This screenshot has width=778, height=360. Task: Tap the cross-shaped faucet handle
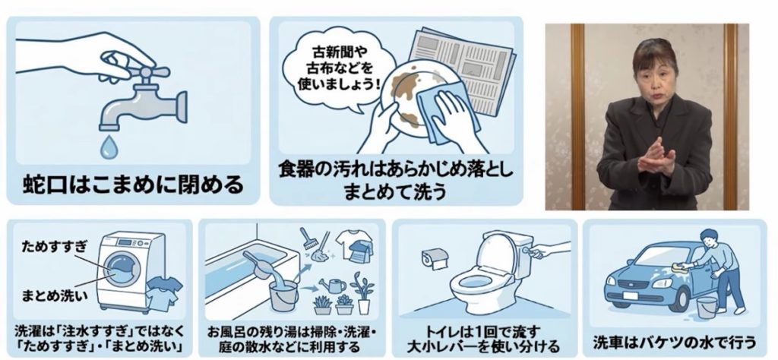(x=145, y=73)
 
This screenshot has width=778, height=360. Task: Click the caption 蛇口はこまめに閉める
(x=134, y=185)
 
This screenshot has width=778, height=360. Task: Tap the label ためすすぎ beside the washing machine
(x=55, y=246)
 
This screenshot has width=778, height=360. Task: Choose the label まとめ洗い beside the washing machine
(x=55, y=296)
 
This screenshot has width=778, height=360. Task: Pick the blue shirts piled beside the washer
(x=162, y=292)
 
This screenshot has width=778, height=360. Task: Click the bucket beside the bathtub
(x=283, y=295)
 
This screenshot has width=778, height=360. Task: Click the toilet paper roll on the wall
(x=435, y=258)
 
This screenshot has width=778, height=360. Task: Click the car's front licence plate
(x=630, y=295)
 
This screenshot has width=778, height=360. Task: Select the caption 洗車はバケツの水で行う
(x=675, y=342)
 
